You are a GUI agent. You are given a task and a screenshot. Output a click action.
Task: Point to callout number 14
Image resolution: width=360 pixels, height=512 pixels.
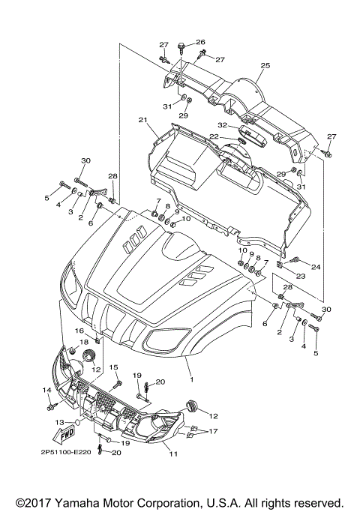pos(46,390)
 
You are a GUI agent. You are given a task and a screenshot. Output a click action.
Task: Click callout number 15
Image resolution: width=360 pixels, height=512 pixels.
pos(115,367)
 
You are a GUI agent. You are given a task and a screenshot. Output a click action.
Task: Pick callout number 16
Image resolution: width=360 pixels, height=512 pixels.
pos(79,331)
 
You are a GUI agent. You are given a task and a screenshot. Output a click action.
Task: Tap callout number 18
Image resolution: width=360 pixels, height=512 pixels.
pos(84,343)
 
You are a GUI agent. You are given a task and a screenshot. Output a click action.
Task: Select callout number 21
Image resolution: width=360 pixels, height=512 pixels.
pos(142,120)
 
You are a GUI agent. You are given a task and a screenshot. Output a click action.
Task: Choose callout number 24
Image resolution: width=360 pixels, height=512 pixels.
pos(316,267)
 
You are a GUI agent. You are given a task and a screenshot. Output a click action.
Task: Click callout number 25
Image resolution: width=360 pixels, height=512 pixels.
pos(264,66)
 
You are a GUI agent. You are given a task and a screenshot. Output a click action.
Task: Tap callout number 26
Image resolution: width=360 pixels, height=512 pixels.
pos(200,42)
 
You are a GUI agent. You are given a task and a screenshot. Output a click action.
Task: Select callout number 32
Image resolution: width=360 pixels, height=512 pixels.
pos(222,125)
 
